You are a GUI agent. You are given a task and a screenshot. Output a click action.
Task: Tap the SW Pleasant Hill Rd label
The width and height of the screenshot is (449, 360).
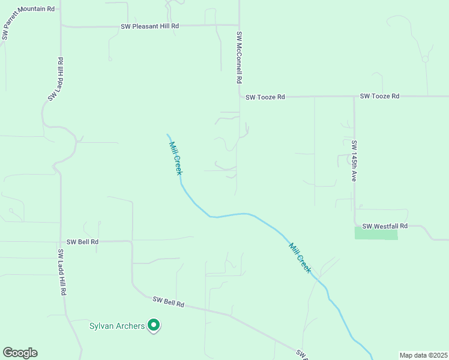click(150, 26)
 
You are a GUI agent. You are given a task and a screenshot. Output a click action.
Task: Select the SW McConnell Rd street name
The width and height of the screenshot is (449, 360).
click(239, 58)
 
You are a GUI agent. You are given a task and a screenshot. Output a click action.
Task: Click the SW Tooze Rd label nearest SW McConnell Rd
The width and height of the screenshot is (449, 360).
click(264, 97)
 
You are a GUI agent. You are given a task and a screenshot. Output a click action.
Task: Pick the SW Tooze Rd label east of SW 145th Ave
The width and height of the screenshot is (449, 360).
click(379, 96)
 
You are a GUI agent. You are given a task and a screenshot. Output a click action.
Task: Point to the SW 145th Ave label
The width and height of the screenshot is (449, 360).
click(354, 161)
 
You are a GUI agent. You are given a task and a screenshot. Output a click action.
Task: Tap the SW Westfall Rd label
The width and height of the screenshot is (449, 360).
click(385, 226)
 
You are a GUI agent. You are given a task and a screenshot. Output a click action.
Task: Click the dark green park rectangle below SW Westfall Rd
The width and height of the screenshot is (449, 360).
click(376, 233)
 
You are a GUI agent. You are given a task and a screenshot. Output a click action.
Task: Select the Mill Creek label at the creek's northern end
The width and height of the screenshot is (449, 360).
click(175, 157)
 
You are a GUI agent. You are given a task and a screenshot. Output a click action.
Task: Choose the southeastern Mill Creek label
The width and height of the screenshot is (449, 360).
click(300, 257)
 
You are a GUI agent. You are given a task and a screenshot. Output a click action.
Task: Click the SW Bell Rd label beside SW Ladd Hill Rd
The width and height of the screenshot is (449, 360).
click(82, 242)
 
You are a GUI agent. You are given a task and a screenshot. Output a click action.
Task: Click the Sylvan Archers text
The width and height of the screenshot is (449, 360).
click(117, 326)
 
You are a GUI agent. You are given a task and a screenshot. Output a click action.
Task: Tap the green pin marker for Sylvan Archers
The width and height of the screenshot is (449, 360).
click(154, 325)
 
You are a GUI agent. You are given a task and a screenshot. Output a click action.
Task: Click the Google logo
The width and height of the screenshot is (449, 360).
click(20, 353)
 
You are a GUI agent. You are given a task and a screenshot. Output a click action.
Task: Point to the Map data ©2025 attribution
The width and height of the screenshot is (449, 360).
click(423, 355)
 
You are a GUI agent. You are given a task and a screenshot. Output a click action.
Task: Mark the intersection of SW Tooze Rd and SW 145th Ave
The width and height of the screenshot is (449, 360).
click(354, 96)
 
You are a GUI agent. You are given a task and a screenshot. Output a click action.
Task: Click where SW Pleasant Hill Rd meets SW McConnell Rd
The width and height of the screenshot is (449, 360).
click(239, 25)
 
